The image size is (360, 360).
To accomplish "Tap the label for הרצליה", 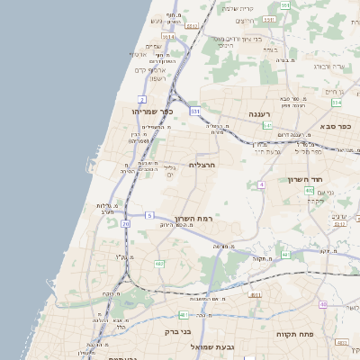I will pyautogui.click(x=203, y=165).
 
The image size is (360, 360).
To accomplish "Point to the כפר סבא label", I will pyautogui.click(x=334, y=127).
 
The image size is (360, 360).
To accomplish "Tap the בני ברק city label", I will pyautogui.click(x=178, y=331).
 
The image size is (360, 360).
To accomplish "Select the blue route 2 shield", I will pyautogui.click(x=142, y=98).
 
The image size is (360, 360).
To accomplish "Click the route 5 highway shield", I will pyautogui.click(x=150, y=215).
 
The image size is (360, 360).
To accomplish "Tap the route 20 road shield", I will pyautogui.click(x=126, y=223).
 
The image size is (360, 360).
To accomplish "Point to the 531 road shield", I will pyautogui.click(x=194, y=111).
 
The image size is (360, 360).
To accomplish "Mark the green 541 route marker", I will pyautogui.click(x=267, y=125).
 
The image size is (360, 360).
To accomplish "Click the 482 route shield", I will pyautogui.click(x=159, y=264).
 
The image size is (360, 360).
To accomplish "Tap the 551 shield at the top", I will pyautogui.click(x=284, y=5).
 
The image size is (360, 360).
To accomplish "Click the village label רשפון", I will pyautogui.click(x=158, y=79).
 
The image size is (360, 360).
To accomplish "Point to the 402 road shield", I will pyautogui.click(x=309, y=191).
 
